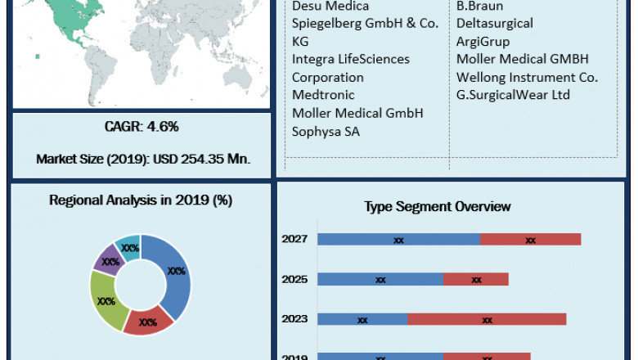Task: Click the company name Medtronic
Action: click(x=323, y=95)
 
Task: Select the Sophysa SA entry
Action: click(x=326, y=131)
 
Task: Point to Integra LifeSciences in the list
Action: click(x=351, y=59)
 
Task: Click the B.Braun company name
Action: click(x=480, y=6)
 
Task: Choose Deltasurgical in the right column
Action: click(x=495, y=24)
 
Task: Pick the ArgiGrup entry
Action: click(x=483, y=41)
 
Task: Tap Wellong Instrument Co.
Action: click(x=528, y=77)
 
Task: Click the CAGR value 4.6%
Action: click(x=141, y=127)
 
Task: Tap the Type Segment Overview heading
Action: click(x=438, y=206)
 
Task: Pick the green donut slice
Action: click(x=106, y=300)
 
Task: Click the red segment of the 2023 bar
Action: click(x=487, y=319)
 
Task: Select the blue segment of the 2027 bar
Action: click(x=398, y=240)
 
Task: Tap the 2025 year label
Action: click(x=294, y=280)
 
